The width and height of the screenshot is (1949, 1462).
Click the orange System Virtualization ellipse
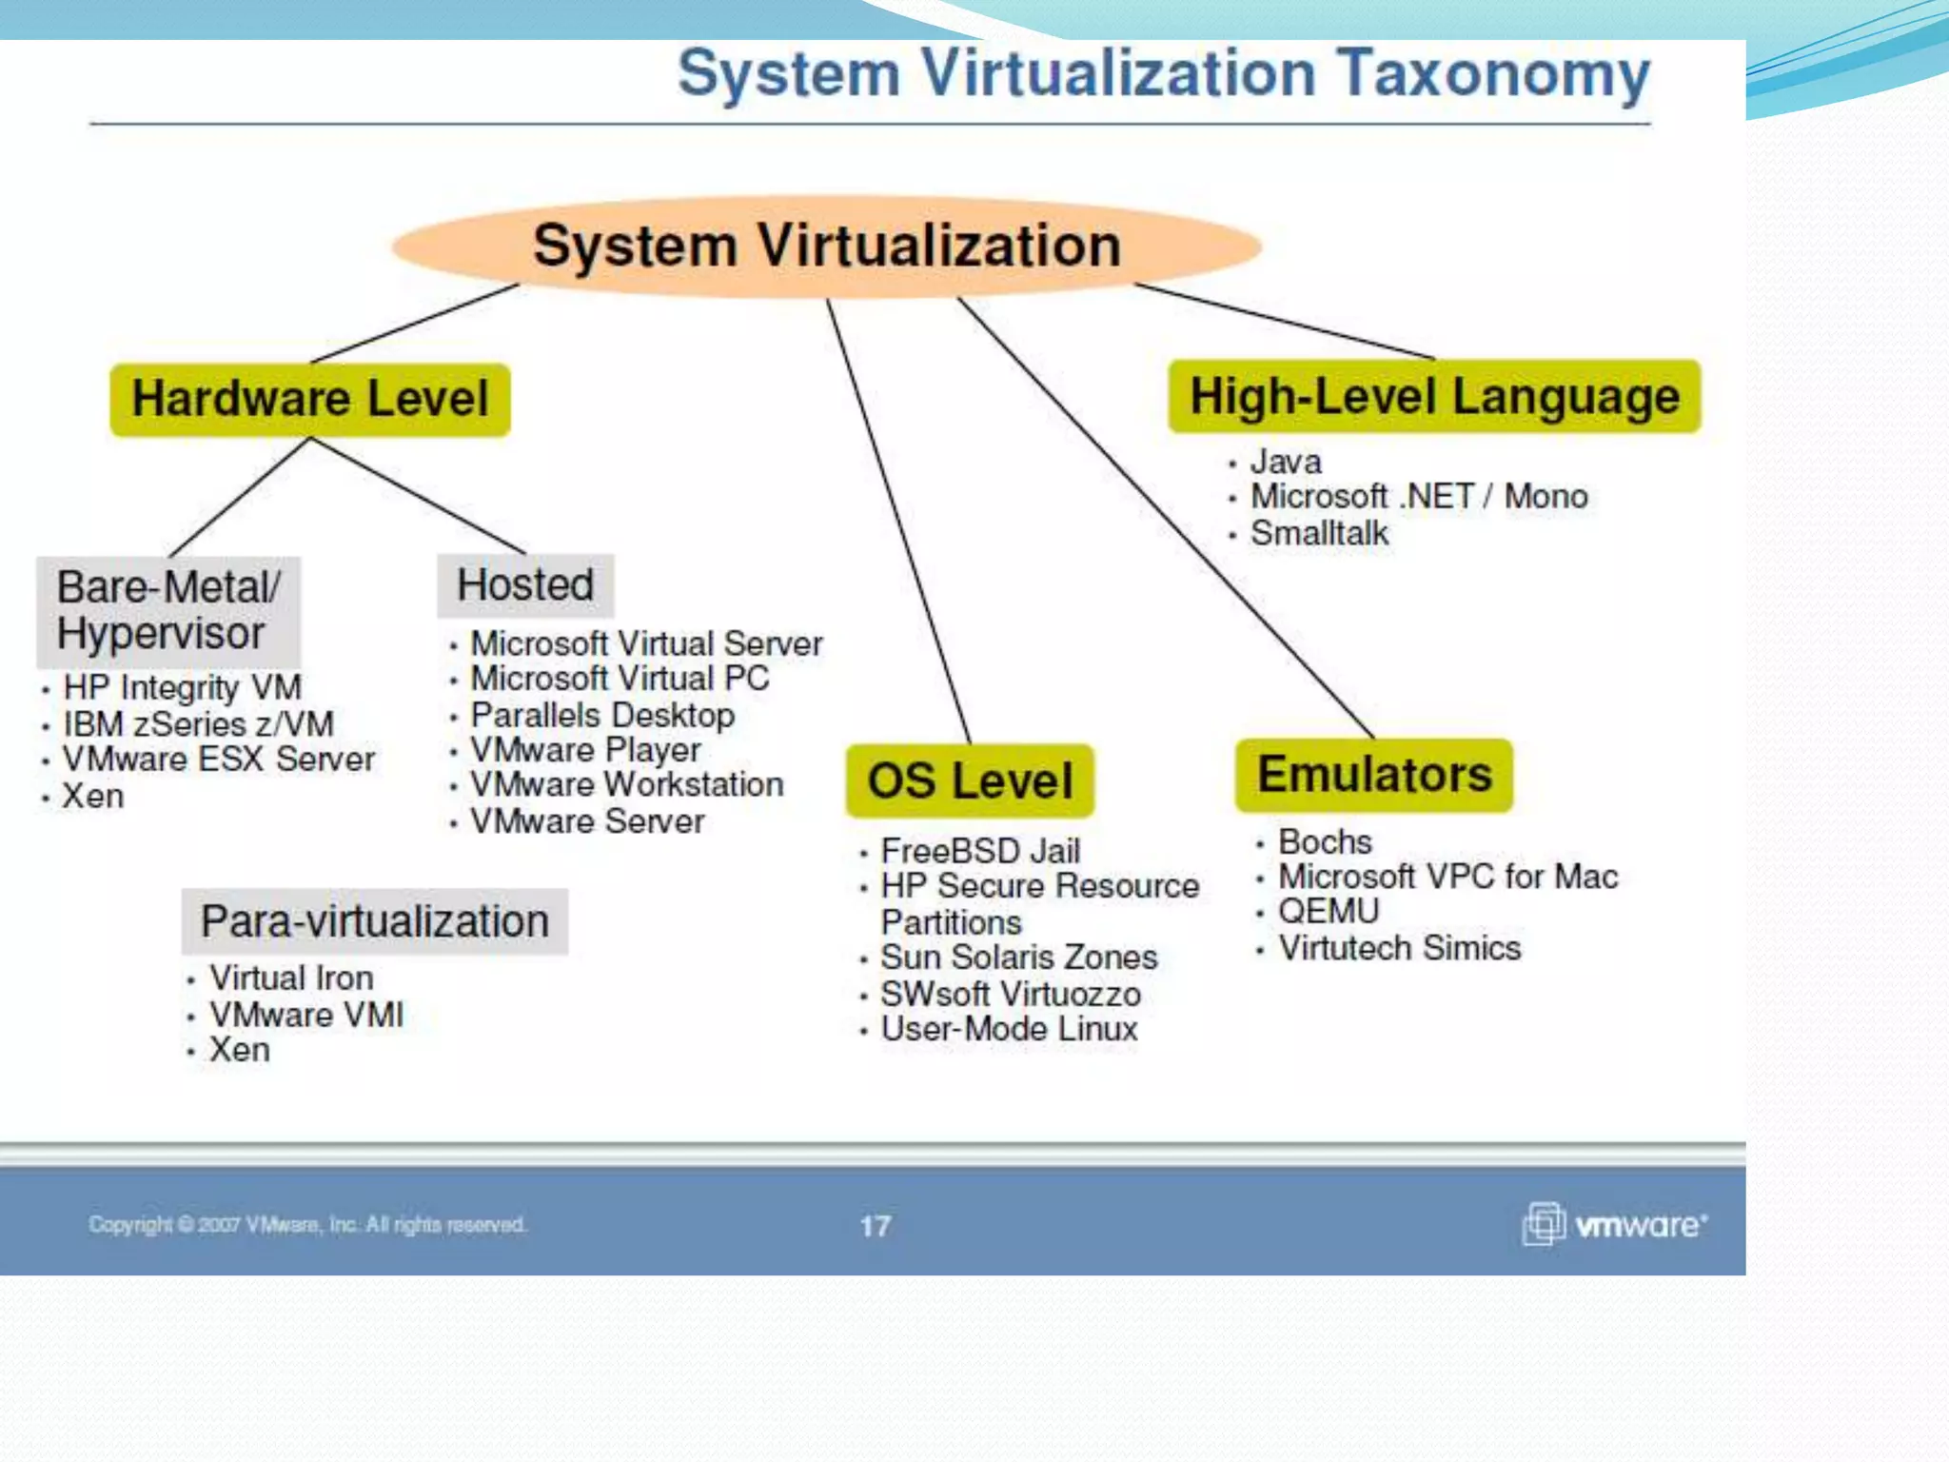tap(826, 246)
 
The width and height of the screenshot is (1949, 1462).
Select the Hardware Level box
tap(310, 399)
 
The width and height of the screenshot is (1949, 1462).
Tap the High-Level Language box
tap(1434, 397)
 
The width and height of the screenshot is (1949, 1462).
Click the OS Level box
tap(970, 780)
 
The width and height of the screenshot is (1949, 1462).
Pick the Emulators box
tap(1374, 775)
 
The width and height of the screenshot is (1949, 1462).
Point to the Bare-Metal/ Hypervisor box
tap(168, 610)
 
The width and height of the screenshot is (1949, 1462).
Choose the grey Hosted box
tap(525, 584)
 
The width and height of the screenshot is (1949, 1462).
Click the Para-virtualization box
tap(375, 921)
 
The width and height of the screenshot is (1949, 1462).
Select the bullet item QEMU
tap(1328, 912)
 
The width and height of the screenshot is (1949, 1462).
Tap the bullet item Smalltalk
tap(1319, 534)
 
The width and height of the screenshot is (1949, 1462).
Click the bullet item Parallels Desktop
tap(602, 715)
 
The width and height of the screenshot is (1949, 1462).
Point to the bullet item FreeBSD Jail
tap(980, 850)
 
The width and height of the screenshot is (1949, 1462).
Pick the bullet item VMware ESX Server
tap(219, 760)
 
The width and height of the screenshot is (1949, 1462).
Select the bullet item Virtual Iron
tap(291, 978)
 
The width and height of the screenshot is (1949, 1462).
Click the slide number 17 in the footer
tap(876, 1225)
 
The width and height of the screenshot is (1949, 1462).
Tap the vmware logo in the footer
tap(1615, 1224)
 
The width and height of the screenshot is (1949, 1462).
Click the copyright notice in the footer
tap(306, 1224)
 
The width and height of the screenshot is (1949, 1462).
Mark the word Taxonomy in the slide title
tap(1493, 74)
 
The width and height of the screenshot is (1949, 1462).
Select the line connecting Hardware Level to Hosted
tap(419, 495)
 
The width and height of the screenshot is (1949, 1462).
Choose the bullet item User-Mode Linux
tap(1009, 1029)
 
